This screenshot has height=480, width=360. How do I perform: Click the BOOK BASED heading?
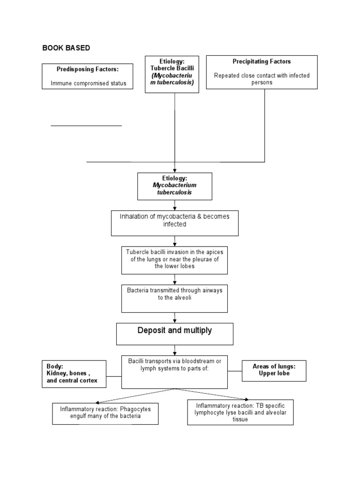coord(66,48)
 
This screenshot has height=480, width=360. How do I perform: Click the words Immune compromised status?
coord(88,84)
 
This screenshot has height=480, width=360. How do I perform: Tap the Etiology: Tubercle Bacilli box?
coord(172,74)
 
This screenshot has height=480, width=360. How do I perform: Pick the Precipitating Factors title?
coord(262,61)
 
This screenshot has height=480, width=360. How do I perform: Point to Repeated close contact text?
coord(262,78)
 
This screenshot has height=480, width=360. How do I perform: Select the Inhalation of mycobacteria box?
coord(174,223)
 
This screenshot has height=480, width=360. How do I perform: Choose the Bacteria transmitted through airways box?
coord(174,298)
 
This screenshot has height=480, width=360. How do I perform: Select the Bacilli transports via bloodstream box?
coord(174,372)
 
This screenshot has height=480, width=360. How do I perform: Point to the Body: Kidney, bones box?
coord(74,374)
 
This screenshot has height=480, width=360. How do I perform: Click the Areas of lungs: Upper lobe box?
coord(274,370)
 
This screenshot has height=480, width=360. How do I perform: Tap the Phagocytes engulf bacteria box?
coord(105,412)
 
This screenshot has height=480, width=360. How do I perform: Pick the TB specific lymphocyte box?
coord(240,412)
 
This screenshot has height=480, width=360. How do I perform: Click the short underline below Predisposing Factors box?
coord(86,126)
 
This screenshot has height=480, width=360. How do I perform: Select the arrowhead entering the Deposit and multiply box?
coord(175,321)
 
